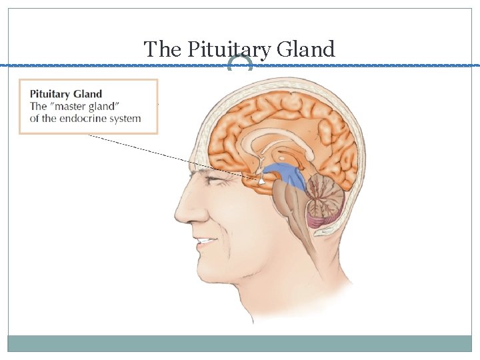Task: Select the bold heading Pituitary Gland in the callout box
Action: click(66, 94)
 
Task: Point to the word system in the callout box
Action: click(125, 119)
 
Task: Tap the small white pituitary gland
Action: click(263, 179)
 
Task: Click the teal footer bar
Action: click(240, 343)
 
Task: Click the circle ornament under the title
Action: click(240, 65)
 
